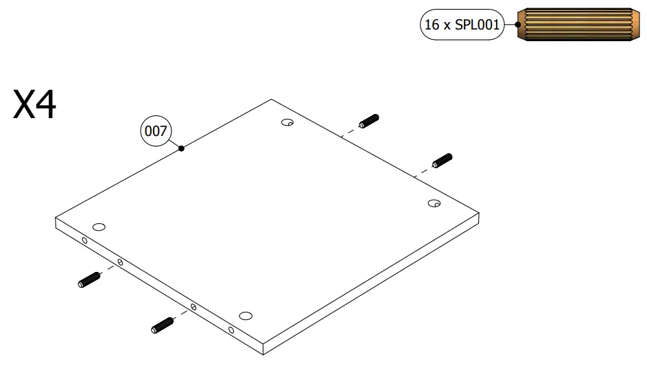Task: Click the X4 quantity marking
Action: (x=35, y=106)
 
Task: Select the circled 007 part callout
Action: (x=156, y=130)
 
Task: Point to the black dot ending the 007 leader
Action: (x=181, y=148)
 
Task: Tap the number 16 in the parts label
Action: (x=432, y=25)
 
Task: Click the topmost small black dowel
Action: (x=368, y=122)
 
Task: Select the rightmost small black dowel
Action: (x=442, y=161)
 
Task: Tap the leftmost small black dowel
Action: (x=89, y=279)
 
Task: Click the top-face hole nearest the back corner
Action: (x=287, y=123)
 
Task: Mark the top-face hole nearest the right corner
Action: (x=434, y=203)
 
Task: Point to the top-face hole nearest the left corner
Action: (x=99, y=227)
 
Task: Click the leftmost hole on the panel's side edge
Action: (x=84, y=240)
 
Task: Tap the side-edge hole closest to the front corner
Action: (x=231, y=330)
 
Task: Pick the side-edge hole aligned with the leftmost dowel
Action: (x=120, y=262)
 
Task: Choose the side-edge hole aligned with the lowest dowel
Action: (x=193, y=307)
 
